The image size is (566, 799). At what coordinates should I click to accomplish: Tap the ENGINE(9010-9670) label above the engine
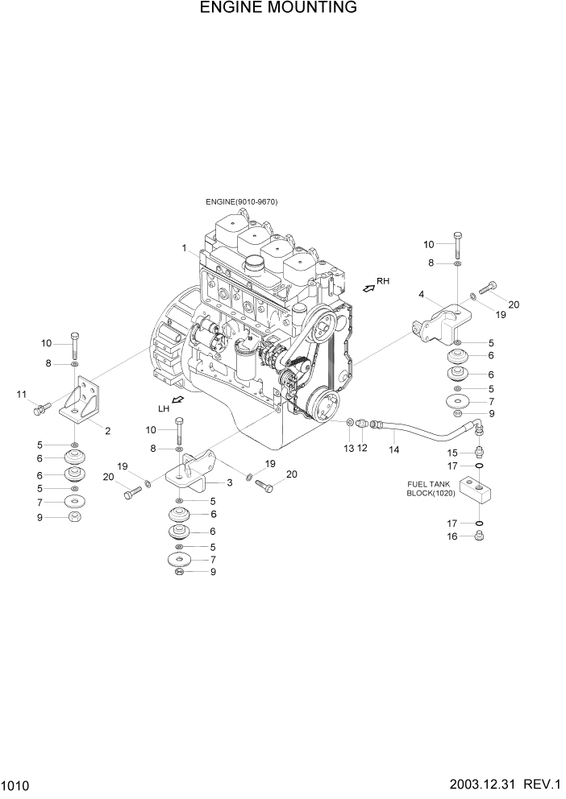(241, 202)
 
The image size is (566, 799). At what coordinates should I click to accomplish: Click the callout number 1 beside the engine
(185, 247)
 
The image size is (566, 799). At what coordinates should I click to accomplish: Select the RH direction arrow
(369, 287)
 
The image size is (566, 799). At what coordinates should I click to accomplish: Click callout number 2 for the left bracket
(107, 430)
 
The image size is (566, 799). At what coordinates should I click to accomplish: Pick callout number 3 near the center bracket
(229, 482)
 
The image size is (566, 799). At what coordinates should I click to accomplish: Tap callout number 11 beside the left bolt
(22, 394)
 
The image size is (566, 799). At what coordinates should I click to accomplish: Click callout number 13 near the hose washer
(349, 447)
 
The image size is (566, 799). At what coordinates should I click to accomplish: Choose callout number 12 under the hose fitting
(363, 447)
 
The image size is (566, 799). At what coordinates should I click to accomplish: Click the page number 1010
(15, 784)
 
